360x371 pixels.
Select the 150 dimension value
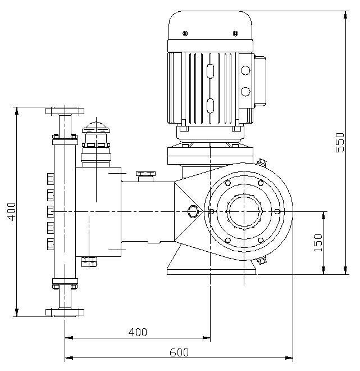[318, 242]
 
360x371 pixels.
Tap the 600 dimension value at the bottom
[179, 352]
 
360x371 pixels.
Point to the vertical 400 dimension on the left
[11, 211]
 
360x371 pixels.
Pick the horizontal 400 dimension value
[138, 332]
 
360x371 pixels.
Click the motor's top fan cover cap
[209, 25]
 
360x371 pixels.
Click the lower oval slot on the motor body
[211, 105]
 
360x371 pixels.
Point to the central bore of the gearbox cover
[244, 211]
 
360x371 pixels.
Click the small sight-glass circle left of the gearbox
[193, 211]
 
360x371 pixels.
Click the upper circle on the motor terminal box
[245, 71]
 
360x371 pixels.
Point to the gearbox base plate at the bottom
[212, 270]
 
